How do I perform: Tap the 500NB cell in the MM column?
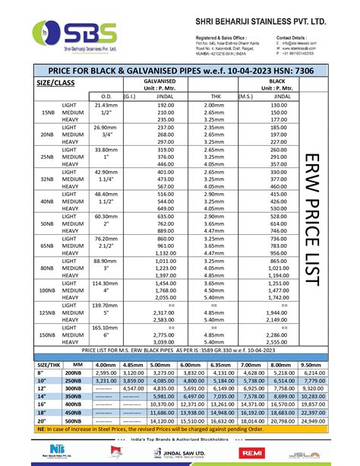(x=73, y=420)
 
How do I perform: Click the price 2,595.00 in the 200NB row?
(x=106, y=373)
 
